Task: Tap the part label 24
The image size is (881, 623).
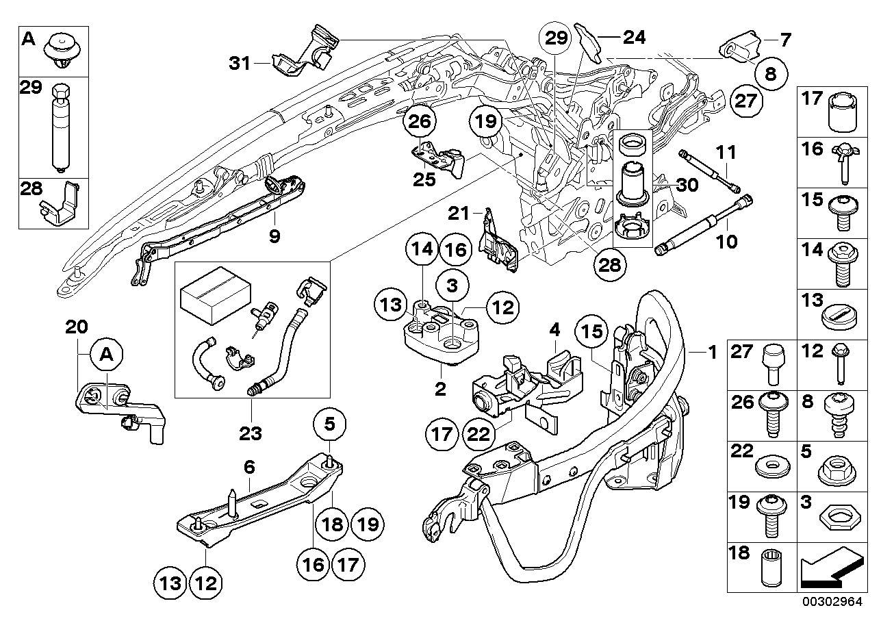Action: click(x=634, y=37)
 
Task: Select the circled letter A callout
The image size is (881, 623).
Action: click(x=106, y=355)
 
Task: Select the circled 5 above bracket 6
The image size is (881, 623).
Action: click(x=329, y=425)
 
